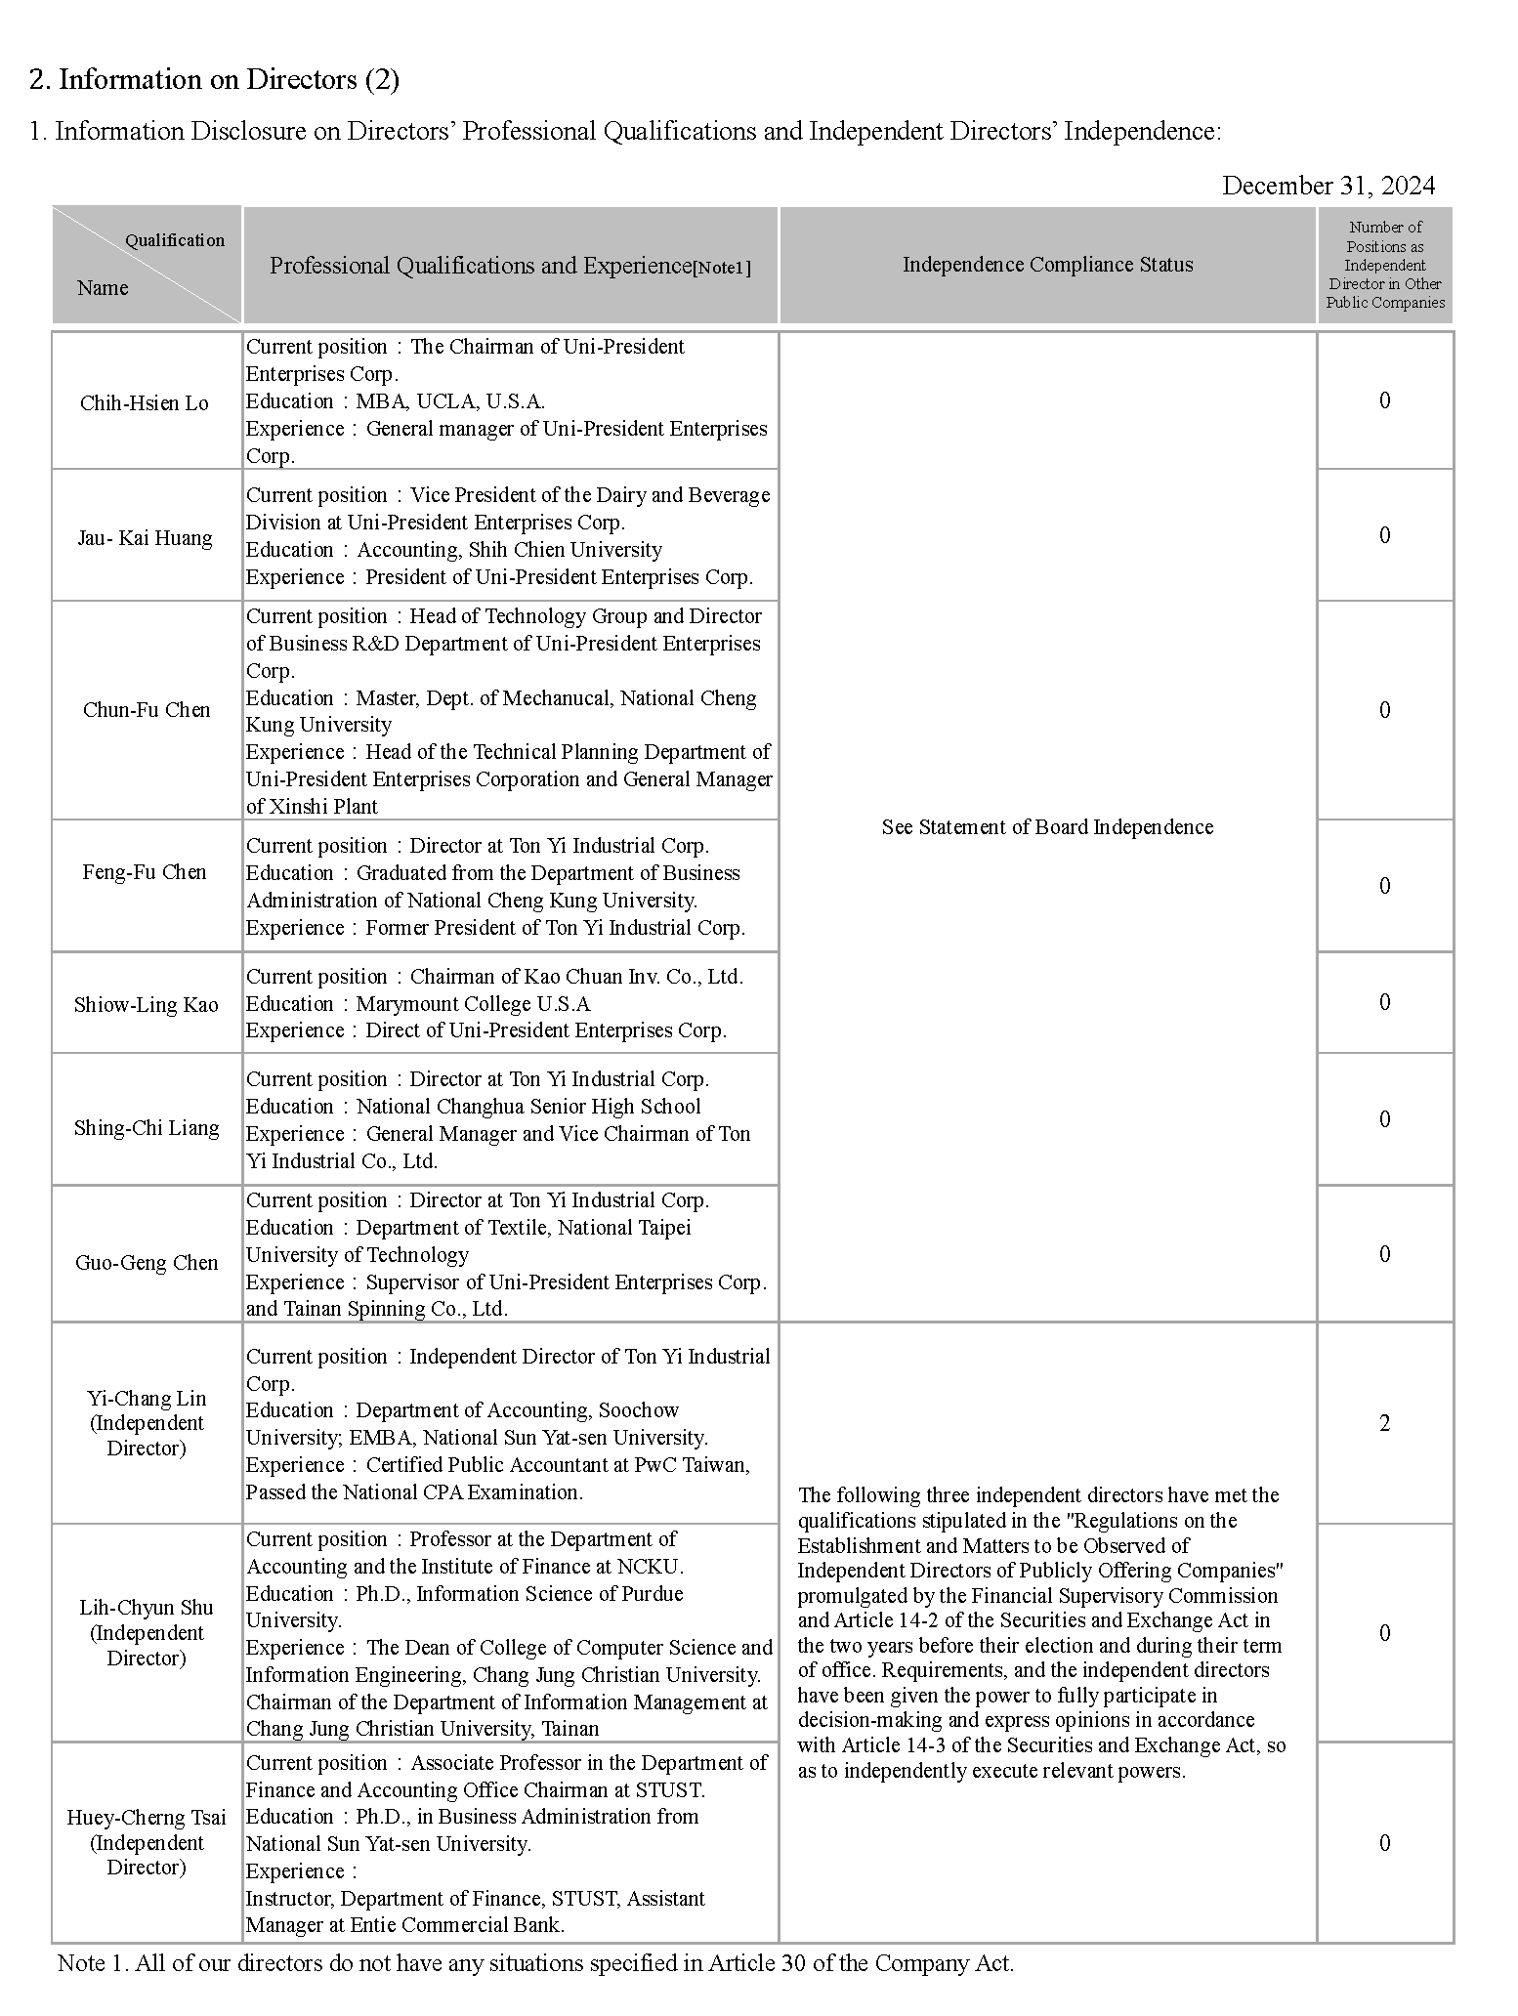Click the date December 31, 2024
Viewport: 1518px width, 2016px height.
point(1328,186)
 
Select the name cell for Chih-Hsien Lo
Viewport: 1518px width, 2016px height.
point(145,403)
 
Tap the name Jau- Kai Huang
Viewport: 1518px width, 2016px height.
point(145,538)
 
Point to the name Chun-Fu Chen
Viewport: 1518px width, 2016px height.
point(147,710)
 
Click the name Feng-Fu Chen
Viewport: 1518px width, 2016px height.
point(145,872)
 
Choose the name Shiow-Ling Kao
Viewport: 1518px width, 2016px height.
point(147,1005)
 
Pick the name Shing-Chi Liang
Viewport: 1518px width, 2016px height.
point(147,1128)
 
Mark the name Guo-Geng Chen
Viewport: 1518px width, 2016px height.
point(147,1263)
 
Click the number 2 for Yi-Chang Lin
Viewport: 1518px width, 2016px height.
point(1384,1423)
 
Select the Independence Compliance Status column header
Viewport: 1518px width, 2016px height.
point(1047,265)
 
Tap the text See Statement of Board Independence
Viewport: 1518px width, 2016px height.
point(1047,827)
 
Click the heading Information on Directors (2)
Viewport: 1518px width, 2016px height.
point(214,80)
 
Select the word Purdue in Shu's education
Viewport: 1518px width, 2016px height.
point(649,1593)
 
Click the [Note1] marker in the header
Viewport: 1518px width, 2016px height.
point(722,268)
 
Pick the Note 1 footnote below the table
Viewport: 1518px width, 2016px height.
point(535,1962)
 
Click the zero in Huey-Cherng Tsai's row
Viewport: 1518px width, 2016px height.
point(1384,1843)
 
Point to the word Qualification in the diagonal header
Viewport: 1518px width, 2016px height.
point(174,240)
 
